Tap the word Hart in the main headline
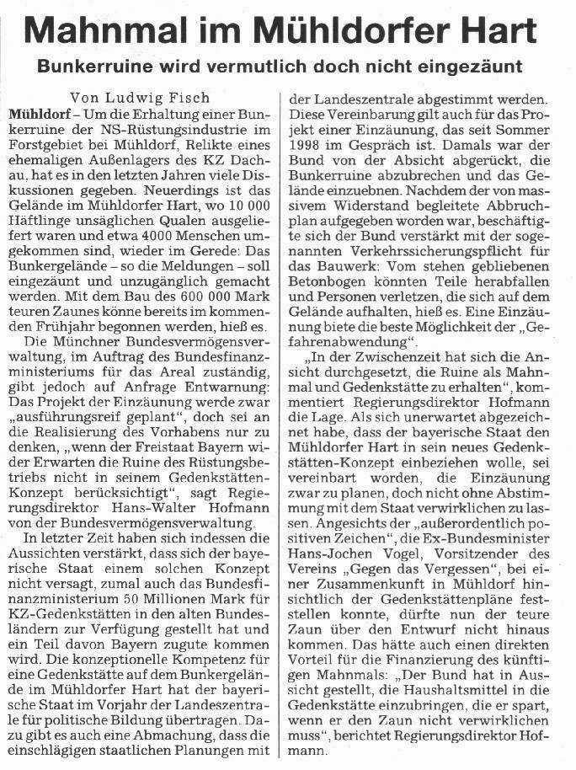[493, 33]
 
